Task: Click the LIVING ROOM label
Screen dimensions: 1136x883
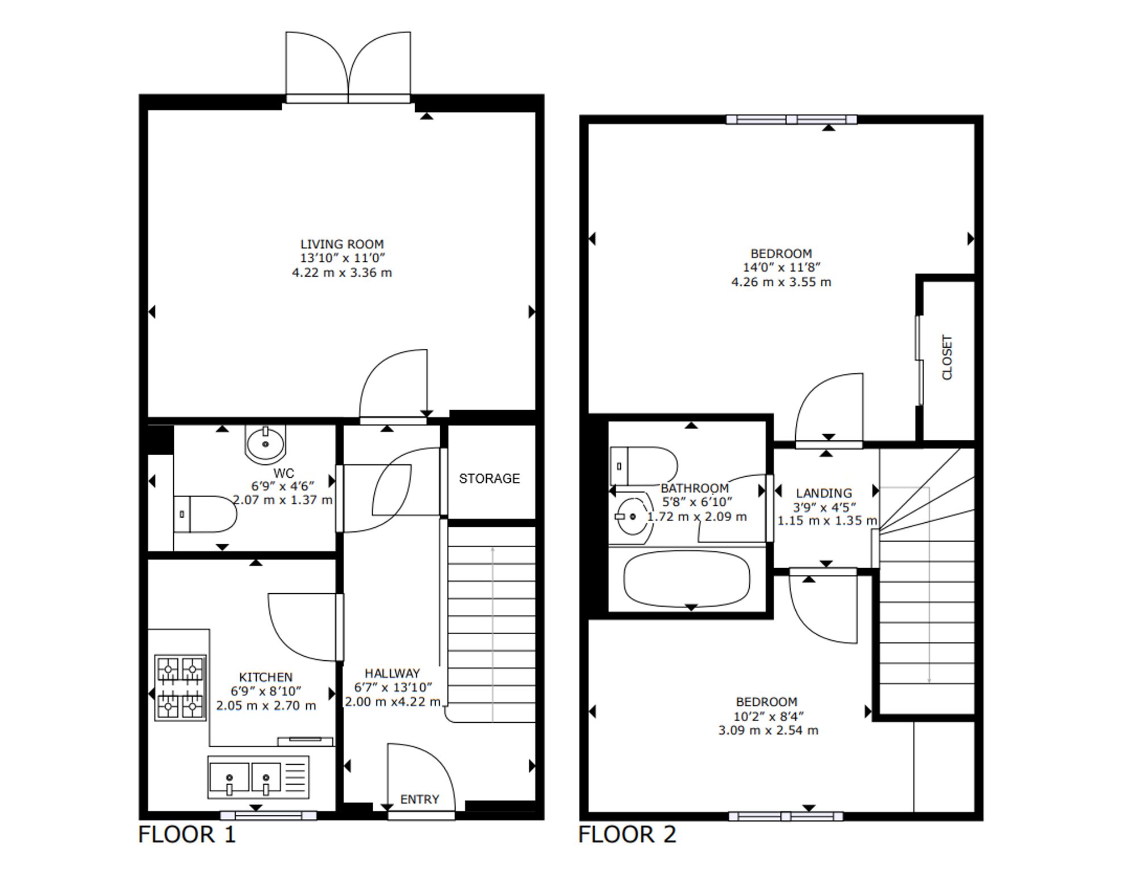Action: tap(342, 244)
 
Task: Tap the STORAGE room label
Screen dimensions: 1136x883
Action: tap(489, 478)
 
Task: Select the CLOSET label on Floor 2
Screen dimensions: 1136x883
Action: tap(947, 357)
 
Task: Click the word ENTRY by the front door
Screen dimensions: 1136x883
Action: tap(420, 799)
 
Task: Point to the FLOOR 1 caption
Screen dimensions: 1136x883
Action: tap(187, 835)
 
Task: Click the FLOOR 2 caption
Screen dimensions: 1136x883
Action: tap(627, 835)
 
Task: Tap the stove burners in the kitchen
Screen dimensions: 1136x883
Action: tap(181, 688)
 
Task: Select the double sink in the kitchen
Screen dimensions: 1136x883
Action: tap(258, 777)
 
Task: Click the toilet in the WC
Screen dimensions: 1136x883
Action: tap(205, 514)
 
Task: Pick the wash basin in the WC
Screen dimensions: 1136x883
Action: tap(265, 443)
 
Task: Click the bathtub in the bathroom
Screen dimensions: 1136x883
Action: tap(687, 579)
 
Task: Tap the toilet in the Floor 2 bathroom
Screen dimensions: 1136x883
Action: tap(644, 466)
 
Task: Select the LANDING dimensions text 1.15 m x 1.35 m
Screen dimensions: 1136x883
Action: tap(827, 520)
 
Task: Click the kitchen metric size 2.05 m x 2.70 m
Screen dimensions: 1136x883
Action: tap(266, 706)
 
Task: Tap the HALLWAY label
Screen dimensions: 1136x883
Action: tap(392, 673)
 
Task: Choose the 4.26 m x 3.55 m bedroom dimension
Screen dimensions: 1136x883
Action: tap(781, 282)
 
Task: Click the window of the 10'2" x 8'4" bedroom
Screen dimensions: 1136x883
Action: tap(786, 817)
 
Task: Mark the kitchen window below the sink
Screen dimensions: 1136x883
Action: tap(268, 815)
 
